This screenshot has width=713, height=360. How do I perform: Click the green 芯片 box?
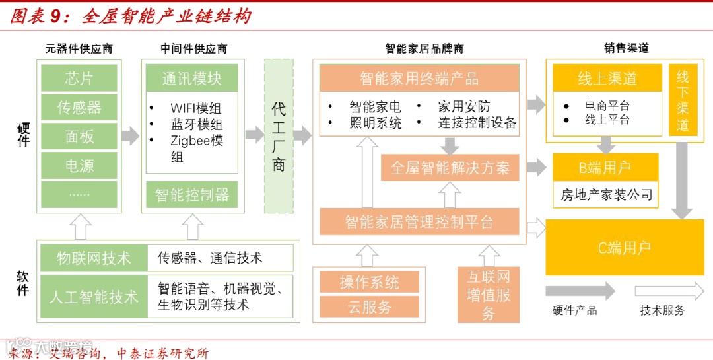coord(79,78)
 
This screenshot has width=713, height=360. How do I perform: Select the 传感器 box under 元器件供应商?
coord(79,107)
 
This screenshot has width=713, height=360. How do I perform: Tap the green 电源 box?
coord(79,166)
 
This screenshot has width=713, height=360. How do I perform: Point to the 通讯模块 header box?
coord(191,78)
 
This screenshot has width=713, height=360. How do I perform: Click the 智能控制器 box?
coord(191,195)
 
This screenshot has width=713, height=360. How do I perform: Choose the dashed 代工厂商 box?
coord(279,136)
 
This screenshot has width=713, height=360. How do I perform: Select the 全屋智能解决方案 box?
coord(450,168)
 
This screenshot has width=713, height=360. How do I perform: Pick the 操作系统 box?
coord(369,282)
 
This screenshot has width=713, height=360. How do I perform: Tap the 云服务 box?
coord(369,306)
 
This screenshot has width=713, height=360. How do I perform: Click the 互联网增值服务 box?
coord(489,295)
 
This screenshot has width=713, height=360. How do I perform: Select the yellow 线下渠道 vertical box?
coord(683,100)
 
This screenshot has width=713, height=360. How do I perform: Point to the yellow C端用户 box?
coord(624,248)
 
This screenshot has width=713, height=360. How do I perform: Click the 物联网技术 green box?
coord(94,258)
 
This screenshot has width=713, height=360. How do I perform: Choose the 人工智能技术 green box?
coord(94,297)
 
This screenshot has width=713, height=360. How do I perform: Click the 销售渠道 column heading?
coord(626,48)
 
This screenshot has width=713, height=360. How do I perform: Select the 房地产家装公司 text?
coord(606,195)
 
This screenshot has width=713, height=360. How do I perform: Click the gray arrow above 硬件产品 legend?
coord(580,291)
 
